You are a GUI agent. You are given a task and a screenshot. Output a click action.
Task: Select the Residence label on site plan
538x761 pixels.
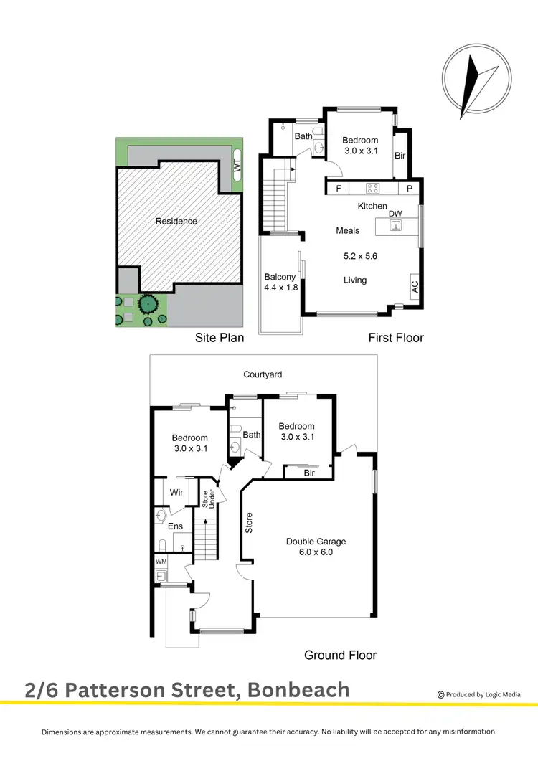176,221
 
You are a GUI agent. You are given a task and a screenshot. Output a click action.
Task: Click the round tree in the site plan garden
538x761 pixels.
148,304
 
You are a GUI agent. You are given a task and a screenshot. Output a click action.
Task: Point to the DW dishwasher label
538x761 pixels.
395,214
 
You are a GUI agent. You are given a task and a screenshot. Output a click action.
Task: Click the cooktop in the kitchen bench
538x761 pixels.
373,189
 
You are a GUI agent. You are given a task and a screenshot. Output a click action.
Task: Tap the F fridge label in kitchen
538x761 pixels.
337,189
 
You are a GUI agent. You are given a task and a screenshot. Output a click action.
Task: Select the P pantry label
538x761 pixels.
410,189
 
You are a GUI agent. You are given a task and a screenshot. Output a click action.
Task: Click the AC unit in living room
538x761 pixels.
415,285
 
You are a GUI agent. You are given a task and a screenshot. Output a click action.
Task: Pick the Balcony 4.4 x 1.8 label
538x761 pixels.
280,283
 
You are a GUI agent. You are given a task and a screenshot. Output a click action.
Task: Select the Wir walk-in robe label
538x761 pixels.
176,493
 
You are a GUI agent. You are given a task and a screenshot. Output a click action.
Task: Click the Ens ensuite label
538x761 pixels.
176,526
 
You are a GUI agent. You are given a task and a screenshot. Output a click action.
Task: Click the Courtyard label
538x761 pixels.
262,374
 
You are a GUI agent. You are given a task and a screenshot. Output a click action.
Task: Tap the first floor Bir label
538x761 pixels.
400,156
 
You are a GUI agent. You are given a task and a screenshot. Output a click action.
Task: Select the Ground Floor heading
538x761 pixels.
340,654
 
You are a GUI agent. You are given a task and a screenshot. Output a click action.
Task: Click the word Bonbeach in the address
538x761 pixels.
298,690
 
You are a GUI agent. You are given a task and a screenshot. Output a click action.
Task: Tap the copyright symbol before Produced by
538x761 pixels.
440,694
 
